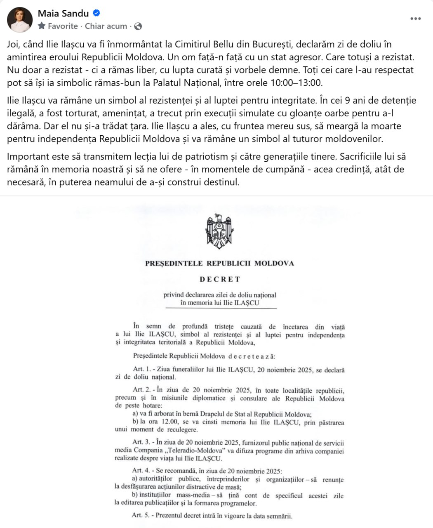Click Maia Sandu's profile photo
click(x=20, y=19)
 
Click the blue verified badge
click(x=96, y=13)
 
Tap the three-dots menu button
click(x=415, y=19)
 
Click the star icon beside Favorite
click(x=42, y=26)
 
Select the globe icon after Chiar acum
click(x=138, y=26)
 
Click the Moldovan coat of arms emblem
click(x=219, y=231)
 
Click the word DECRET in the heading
click(x=220, y=279)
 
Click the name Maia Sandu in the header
click(x=63, y=13)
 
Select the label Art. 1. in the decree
click(x=142, y=370)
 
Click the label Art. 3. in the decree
click(x=141, y=443)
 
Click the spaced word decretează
click(x=252, y=356)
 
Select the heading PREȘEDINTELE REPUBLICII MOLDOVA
click(x=219, y=264)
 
